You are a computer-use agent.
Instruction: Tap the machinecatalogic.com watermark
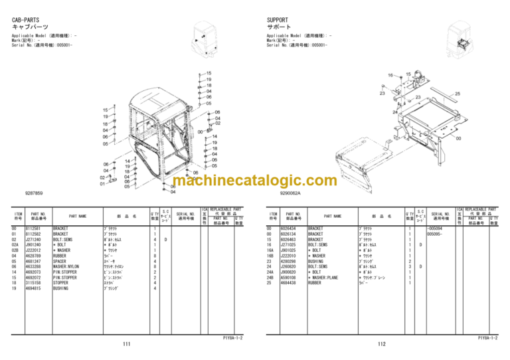[x=254, y=180]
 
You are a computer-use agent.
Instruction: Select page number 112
[x=381, y=343]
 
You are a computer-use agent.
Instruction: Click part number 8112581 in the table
[x=34, y=228]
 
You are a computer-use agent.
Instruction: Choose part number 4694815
[x=34, y=288]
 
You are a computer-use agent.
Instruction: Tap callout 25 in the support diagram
[x=458, y=94]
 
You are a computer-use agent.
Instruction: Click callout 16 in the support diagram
[x=390, y=75]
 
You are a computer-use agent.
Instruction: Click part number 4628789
[x=34, y=256]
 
